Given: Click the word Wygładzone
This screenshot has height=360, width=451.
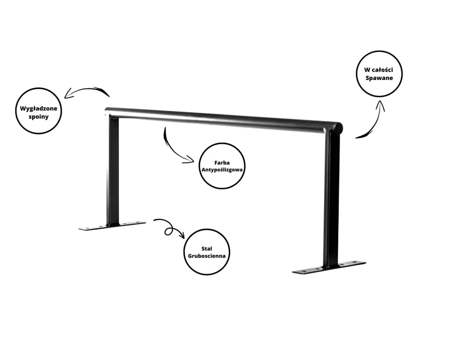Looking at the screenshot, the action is coord(38,109).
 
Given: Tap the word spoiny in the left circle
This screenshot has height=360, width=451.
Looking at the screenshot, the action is coord(38,117).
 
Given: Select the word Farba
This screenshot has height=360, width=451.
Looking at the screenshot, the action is coord(222,163).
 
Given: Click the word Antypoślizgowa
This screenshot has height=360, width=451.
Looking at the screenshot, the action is coord(222,170).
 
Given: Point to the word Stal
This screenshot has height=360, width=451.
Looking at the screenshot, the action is coord(207,248).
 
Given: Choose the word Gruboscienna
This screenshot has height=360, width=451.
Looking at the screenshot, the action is coord(207,256).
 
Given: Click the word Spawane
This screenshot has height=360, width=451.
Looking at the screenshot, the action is coord(379,78).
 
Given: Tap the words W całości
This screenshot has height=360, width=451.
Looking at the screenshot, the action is coord(378,70).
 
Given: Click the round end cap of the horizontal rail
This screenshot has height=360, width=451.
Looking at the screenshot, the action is coord(339,128).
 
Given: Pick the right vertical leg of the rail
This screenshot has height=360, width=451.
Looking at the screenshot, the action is coord(331,201).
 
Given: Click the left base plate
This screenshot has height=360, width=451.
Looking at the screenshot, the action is coord(112,226).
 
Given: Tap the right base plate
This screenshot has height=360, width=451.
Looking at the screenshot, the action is coord(329,267).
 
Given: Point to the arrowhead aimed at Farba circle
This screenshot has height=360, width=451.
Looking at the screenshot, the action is coord(191,160).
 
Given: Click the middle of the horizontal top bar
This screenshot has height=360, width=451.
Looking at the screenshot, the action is coord(222,119).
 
